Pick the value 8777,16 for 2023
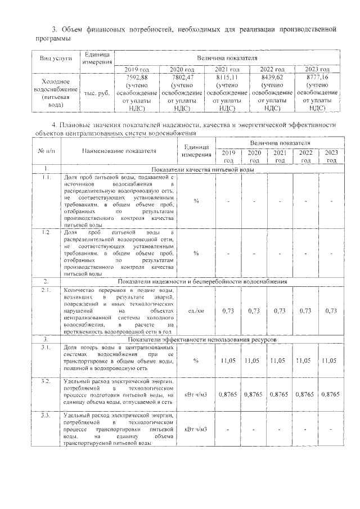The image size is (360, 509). coord(317,77)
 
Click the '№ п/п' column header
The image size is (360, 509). coord(45,151)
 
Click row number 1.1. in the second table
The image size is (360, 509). coord(46,177)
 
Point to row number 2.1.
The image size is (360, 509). coord(46,290)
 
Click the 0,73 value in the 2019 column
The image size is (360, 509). coord(228,310)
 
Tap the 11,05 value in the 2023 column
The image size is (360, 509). coord(331,360)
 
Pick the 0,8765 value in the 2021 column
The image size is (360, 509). coord(280,394)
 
